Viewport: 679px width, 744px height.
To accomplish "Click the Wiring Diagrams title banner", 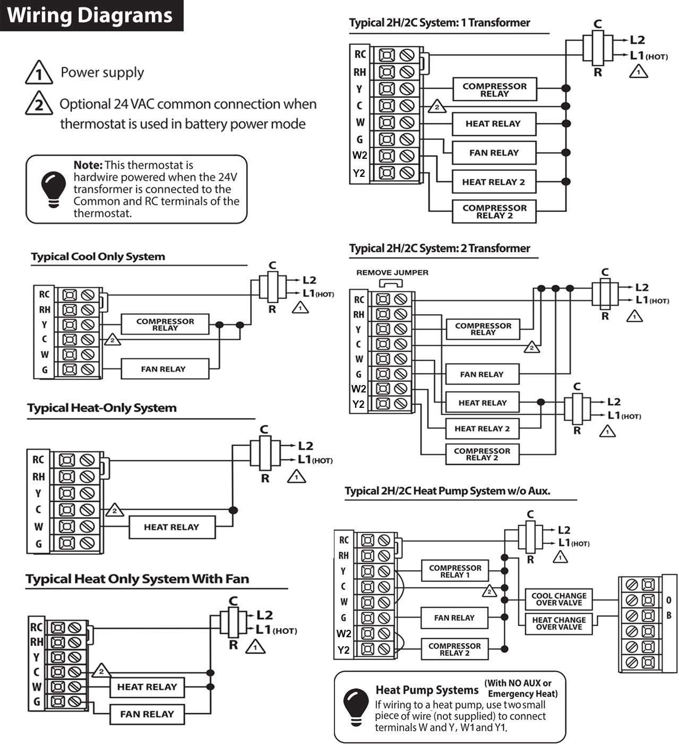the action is click(x=91, y=15).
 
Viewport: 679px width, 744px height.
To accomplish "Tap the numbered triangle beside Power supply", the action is click(x=39, y=73).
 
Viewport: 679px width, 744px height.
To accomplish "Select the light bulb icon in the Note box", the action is click(x=54, y=189).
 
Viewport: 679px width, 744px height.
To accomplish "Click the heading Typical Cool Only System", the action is click(x=98, y=256).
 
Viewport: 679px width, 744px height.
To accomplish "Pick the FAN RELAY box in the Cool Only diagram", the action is click(x=165, y=369).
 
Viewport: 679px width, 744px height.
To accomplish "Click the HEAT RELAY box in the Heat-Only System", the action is click(x=172, y=527).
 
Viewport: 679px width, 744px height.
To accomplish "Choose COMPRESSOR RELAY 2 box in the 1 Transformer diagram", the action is click(x=494, y=211).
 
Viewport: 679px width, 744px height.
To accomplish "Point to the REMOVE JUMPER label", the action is click(x=392, y=272).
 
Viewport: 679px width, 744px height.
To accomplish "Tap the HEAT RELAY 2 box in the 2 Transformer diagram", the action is click(x=482, y=429).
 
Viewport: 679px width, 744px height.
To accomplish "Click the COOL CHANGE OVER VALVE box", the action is click(x=559, y=599).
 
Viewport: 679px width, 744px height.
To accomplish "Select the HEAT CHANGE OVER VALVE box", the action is click(x=559, y=623).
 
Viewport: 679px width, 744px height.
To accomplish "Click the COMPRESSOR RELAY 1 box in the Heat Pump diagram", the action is click(x=455, y=571).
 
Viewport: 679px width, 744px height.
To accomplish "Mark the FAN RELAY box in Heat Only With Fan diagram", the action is click(x=147, y=714).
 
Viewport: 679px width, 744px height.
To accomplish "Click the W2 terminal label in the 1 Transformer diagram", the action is click(x=359, y=155).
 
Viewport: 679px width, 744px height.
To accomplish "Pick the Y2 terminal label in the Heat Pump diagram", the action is click(x=343, y=650).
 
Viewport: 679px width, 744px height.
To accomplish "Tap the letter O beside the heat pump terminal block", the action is click(x=668, y=600).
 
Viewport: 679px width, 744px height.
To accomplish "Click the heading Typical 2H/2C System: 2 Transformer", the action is click(x=440, y=248).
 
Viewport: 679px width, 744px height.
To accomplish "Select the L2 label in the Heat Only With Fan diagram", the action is click(x=265, y=615).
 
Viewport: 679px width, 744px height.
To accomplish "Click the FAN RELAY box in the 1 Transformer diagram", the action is click(x=494, y=153).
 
